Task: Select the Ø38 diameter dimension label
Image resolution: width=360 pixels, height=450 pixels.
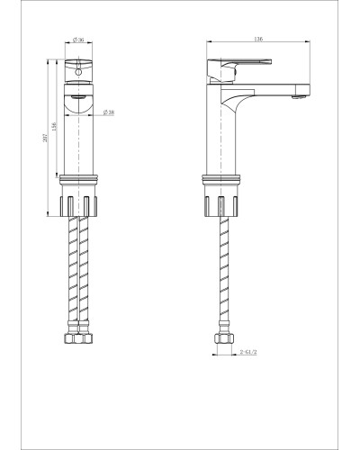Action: pos(108,112)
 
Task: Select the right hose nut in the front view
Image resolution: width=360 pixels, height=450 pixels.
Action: pos(86,340)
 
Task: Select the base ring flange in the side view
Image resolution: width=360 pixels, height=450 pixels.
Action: pos(219,179)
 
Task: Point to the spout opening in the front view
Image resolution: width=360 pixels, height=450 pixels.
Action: pos(80,101)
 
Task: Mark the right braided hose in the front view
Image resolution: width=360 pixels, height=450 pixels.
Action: pos(86,274)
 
